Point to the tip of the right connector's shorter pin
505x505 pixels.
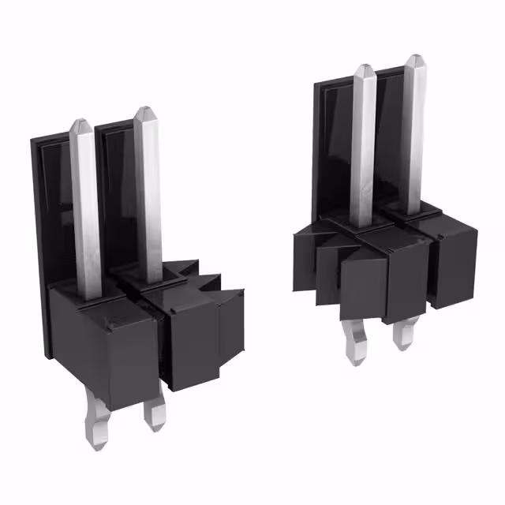pyautogui.click(x=362, y=69)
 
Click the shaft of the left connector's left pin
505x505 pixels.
pyautogui.click(x=85, y=213)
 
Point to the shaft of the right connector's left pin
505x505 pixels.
pyautogui.click(x=363, y=150)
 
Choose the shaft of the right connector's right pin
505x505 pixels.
pyautogui.click(x=412, y=134)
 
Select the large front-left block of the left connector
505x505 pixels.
pyautogui.click(x=103, y=339)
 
